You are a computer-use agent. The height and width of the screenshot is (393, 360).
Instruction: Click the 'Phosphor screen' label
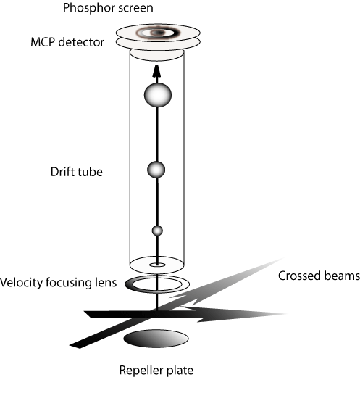point(108,8)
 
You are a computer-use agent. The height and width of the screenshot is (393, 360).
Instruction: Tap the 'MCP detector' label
point(67,42)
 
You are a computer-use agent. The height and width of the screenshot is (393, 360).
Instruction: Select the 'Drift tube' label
point(77,172)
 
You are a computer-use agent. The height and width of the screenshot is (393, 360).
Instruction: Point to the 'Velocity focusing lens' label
point(59,283)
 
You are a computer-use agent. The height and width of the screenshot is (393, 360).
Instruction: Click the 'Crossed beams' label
point(319,276)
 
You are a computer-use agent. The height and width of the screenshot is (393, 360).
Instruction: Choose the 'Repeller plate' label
point(156,371)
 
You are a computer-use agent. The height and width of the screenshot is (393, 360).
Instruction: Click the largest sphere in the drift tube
point(158,95)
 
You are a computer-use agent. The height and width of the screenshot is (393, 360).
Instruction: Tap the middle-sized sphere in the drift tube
point(156,170)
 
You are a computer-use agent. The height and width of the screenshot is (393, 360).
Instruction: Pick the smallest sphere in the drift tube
point(157,231)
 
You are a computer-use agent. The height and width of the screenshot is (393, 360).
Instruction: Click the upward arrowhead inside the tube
point(156,70)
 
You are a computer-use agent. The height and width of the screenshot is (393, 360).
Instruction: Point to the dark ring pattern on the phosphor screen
point(158,33)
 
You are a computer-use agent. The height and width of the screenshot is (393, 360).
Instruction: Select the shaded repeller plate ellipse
point(156,339)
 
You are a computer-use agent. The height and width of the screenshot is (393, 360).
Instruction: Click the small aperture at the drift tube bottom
point(157,265)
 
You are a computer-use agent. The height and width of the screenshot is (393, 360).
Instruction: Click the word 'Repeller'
point(141,371)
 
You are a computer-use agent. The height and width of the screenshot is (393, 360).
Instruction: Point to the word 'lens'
point(106,283)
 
